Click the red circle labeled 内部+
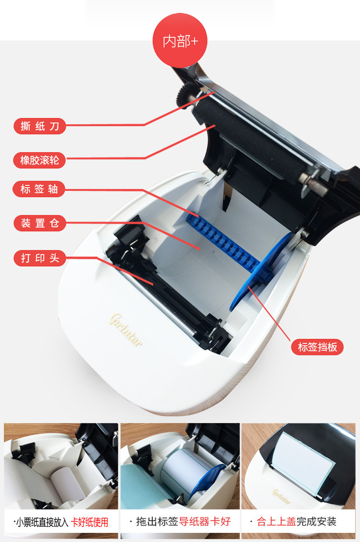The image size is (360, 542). click(180, 40)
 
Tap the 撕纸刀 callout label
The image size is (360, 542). click(40, 126)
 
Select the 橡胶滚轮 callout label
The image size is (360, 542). click(40, 160)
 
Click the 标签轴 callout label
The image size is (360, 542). click(39, 189)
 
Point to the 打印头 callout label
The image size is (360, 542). click(40, 258)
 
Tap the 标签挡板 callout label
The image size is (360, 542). click(317, 347)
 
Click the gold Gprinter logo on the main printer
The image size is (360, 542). click(125, 330)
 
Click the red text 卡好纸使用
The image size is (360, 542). click(90, 522)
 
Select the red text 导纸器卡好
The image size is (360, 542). click(204, 521)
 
